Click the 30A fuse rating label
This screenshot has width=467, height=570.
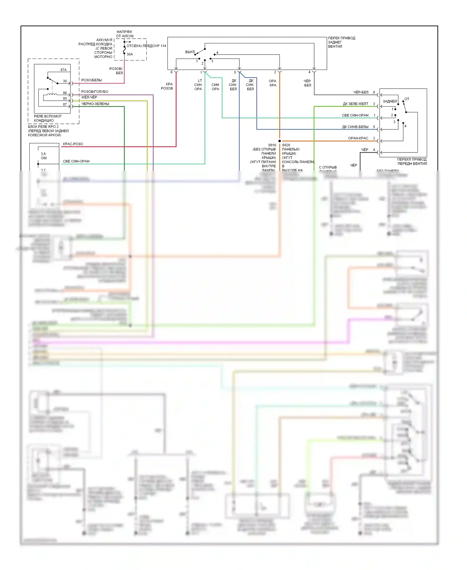tap(130, 54)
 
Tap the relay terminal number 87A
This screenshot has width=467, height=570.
tap(64, 70)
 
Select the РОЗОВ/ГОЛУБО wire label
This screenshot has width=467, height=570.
tap(95, 92)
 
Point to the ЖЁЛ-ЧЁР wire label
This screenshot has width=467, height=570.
tap(89, 97)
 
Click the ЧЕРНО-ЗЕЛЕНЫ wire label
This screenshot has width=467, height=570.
tap(95, 104)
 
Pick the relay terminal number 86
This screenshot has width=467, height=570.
tap(65, 93)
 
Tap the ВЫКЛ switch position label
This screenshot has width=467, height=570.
tap(190, 52)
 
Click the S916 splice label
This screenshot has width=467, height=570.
tap(272, 145)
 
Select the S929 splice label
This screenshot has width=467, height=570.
tap(286, 145)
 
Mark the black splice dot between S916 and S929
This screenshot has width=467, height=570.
tap(280, 141)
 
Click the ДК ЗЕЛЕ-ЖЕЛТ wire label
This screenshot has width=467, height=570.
tap(356, 104)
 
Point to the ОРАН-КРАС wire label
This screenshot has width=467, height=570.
tap(358, 138)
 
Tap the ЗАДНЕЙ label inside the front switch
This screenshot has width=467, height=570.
tap(390, 101)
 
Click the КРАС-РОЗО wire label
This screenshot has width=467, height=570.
tap(73, 144)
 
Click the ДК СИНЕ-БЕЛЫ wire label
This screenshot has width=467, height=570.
tap(355, 127)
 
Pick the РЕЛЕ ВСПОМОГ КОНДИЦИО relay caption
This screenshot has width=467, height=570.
tap(48, 118)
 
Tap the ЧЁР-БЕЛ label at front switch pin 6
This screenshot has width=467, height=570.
tap(361, 92)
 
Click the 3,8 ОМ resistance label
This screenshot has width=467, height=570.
tap(44, 156)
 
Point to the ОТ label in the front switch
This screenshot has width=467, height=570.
tap(407, 99)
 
